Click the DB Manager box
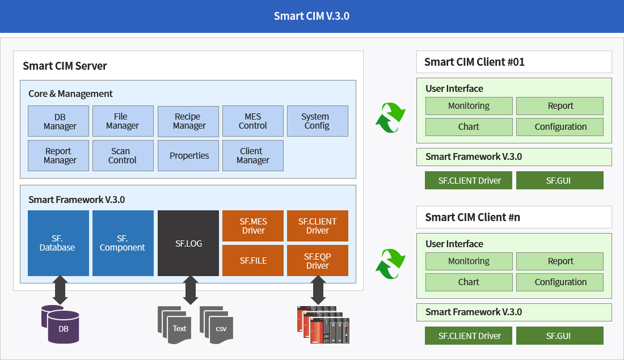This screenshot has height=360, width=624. (58, 121)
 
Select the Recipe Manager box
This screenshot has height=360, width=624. (188, 121)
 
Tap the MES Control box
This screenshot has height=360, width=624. (253, 121)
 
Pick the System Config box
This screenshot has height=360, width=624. (318, 121)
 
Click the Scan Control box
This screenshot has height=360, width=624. (123, 155)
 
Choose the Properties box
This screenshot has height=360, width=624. (188, 155)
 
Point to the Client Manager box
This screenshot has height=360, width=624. (253, 155)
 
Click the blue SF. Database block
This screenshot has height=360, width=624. (58, 243)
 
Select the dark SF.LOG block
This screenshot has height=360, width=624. (188, 243)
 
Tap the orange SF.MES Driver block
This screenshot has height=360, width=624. (253, 226)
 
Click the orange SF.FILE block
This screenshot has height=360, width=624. (253, 261)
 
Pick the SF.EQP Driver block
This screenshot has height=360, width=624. (318, 261)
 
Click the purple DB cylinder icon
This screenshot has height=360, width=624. (61, 324)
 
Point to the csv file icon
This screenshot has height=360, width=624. (217, 325)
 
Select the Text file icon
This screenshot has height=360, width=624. (175, 325)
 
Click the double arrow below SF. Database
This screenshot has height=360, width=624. (60, 290)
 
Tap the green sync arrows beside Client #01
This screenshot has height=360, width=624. (390, 117)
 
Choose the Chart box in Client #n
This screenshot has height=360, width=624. (469, 282)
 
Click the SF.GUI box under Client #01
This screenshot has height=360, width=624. (559, 180)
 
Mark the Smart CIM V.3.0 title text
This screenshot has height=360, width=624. (311, 16)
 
